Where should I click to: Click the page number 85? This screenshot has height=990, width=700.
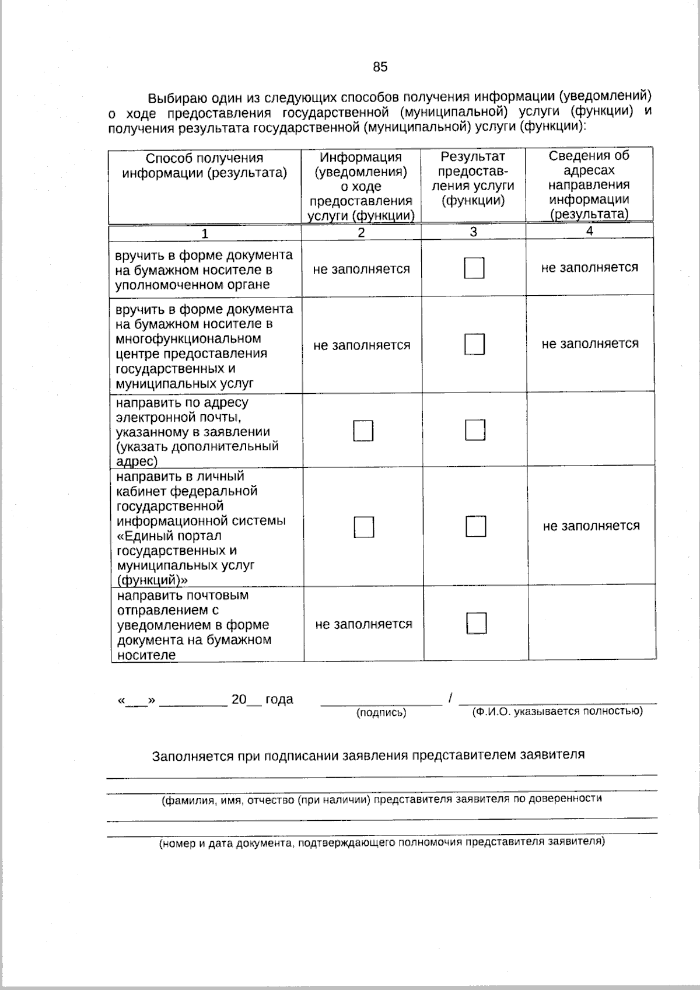380,67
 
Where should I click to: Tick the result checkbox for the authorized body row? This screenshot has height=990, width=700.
474,268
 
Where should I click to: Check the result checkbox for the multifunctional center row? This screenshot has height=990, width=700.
475,344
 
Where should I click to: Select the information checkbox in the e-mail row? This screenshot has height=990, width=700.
363,431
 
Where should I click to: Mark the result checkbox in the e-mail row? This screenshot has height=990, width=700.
475,430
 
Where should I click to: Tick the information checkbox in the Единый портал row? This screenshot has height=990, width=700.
364,527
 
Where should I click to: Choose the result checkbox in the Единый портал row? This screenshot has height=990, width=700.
475,526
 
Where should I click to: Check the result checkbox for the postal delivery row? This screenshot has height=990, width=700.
476,623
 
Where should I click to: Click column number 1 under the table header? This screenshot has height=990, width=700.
205,234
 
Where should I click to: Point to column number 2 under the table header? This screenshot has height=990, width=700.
361,233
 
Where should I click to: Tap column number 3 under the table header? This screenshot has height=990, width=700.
473,232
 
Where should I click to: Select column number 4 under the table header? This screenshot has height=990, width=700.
589,231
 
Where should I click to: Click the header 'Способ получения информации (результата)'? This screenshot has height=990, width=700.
205,166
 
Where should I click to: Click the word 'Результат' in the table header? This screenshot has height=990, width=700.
473,157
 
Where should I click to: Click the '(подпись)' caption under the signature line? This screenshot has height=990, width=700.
381,713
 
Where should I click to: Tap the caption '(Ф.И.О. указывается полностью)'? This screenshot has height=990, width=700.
557,711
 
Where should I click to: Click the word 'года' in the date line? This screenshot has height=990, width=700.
279,699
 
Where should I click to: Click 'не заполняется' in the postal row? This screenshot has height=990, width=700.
363,624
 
